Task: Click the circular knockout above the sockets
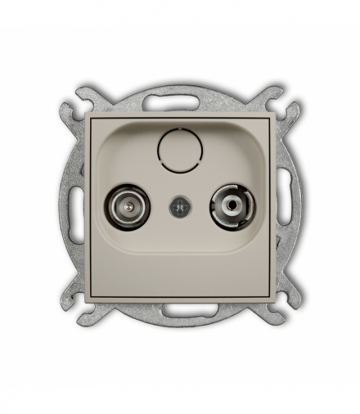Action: pyautogui.click(x=178, y=151)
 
